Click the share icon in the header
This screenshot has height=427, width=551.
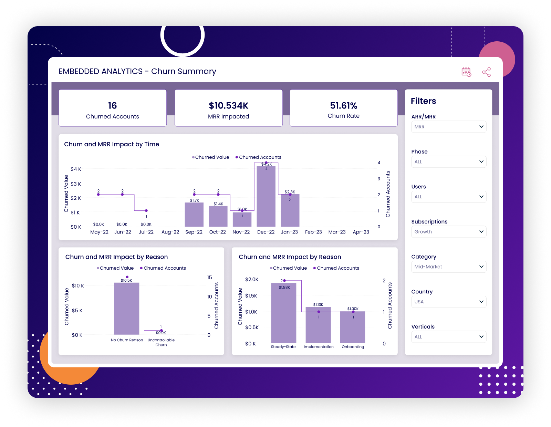[486, 72]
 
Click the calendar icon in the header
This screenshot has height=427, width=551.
[466, 72]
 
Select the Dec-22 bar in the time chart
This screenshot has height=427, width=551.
[266, 196]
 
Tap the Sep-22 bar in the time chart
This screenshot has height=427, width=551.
[194, 215]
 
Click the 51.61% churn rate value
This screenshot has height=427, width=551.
[343, 106]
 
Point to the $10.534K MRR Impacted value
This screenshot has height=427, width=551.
[228, 106]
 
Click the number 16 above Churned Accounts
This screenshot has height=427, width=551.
[112, 106]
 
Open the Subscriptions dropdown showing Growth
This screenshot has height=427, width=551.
[448, 232]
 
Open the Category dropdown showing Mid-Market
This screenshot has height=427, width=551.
[448, 267]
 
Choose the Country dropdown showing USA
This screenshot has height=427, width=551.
[448, 302]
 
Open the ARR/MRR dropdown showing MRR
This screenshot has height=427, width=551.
[448, 127]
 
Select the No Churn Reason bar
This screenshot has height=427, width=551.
[126, 309]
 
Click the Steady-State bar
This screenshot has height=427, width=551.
[283, 313]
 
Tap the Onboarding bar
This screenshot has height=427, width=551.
[352, 327]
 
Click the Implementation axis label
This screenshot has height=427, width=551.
[319, 347]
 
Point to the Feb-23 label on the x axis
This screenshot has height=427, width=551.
[313, 232]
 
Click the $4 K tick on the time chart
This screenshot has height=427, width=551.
[76, 169]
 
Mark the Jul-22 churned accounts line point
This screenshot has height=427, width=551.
[146, 210]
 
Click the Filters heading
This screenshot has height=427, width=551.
[423, 101]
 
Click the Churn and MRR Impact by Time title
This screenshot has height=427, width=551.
[112, 144]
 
